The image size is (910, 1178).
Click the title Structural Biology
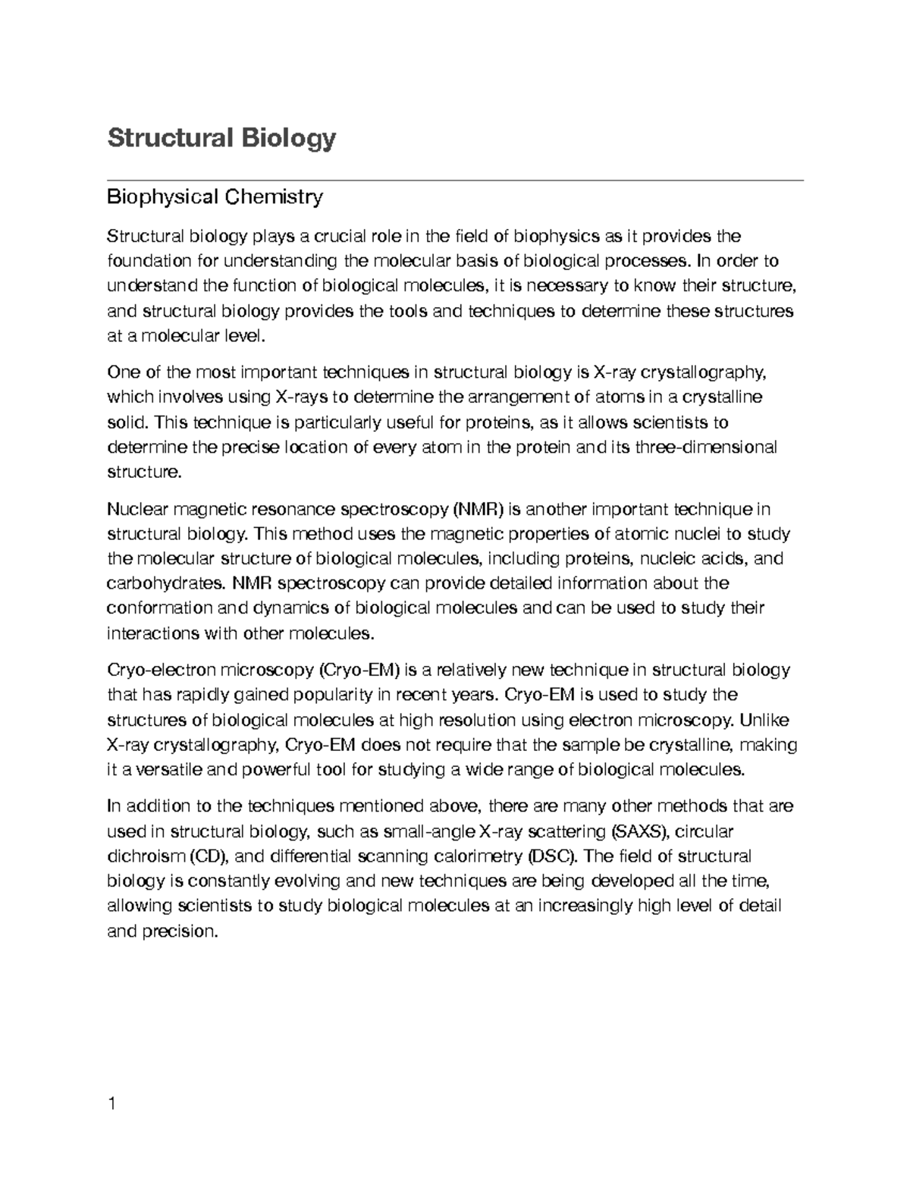pos(221,139)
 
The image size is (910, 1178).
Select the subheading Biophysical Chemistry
pos(215,197)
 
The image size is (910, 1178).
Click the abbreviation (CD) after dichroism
pos(209,856)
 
